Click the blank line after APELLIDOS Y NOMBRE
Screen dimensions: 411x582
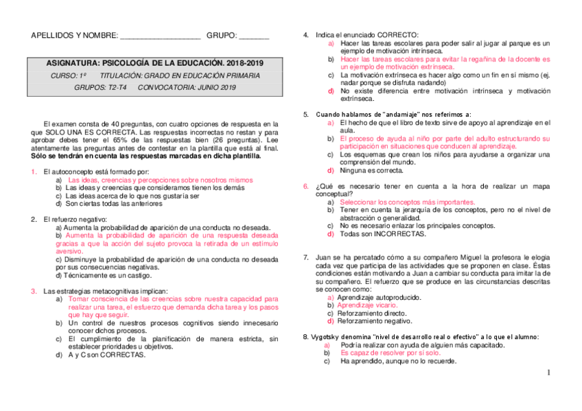click(161, 36)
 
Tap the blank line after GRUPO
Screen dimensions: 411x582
click(254, 36)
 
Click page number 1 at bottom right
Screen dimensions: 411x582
click(549, 373)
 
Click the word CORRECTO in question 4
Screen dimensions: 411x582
click(398, 35)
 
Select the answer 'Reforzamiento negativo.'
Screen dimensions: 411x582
click(374, 320)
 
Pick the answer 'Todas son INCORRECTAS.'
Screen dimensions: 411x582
click(382, 233)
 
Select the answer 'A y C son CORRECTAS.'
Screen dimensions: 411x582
click(106, 355)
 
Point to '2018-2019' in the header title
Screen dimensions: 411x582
click(240, 62)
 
